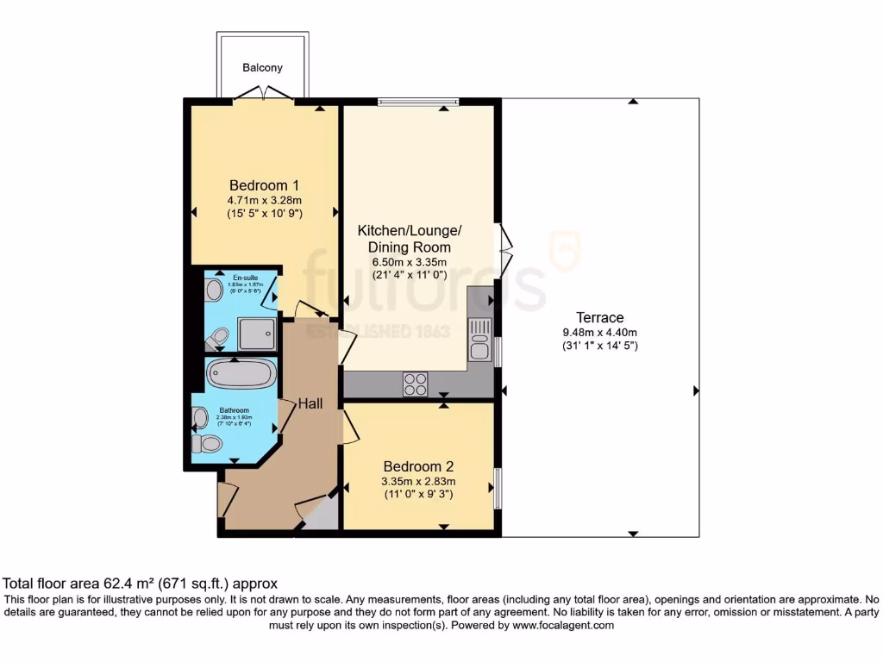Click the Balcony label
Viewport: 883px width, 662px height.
262,67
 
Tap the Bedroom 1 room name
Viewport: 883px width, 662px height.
264,185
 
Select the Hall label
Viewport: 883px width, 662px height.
310,403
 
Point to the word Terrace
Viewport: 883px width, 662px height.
601,317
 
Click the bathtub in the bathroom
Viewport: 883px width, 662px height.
241,375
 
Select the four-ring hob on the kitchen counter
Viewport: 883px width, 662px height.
415,384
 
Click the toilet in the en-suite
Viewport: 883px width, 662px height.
216,337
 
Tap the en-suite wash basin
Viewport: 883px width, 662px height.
211,290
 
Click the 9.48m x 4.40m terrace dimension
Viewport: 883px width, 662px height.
601,333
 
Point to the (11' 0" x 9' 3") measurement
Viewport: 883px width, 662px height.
419,496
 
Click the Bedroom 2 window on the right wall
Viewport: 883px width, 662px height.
498,489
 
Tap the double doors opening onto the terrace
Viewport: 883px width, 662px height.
504,251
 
